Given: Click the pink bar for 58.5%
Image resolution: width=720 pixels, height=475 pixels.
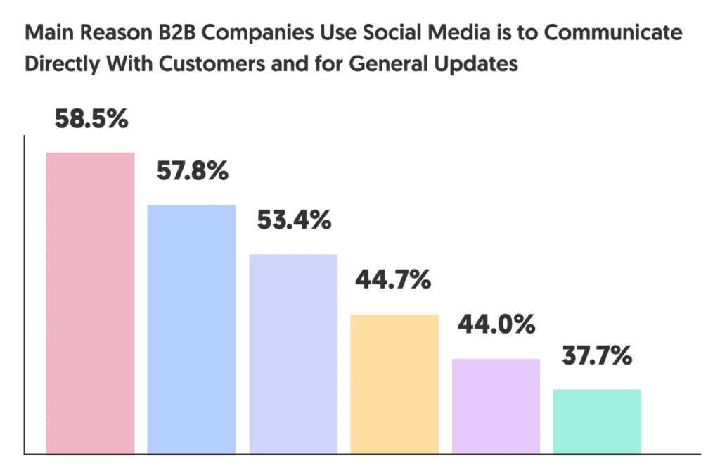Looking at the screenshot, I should pyautogui.click(x=90, y=303).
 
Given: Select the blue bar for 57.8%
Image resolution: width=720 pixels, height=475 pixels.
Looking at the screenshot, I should pyautogui.click(x=191, y=329).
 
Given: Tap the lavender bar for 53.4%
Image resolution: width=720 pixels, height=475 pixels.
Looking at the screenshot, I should pyautogui.click(x=293, y=353).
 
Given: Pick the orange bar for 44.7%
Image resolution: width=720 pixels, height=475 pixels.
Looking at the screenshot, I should pyautogui.click(x=394, y=384).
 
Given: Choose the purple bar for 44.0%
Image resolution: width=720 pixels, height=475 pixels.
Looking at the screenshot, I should pyautogui.click(x=496, y=405).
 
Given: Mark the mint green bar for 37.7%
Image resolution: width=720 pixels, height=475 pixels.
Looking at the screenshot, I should pyautogui.click(x=597, y=421).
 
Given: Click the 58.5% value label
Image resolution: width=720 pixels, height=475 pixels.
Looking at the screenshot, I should pyautogui.click(x=91, y=119).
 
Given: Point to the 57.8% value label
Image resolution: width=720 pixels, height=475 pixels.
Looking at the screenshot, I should pyautogui.click(x=191, y=170).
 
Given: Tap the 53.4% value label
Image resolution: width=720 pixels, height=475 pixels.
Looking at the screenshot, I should pyautogui.click(x=293, y=220).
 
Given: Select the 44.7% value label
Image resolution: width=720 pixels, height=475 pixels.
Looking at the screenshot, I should pyautogui.click(x=393, y=280).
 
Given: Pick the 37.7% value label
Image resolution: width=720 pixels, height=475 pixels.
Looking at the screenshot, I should pyautogui.click(x=597, y=356).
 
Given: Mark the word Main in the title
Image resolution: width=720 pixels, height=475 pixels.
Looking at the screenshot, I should pyautogui.click(x=45, y=34).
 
